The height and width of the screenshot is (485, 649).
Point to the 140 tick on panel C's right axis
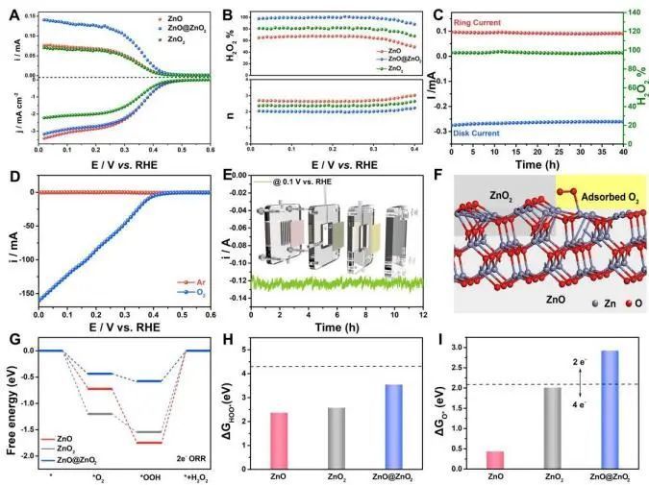(x=636, y=13)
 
